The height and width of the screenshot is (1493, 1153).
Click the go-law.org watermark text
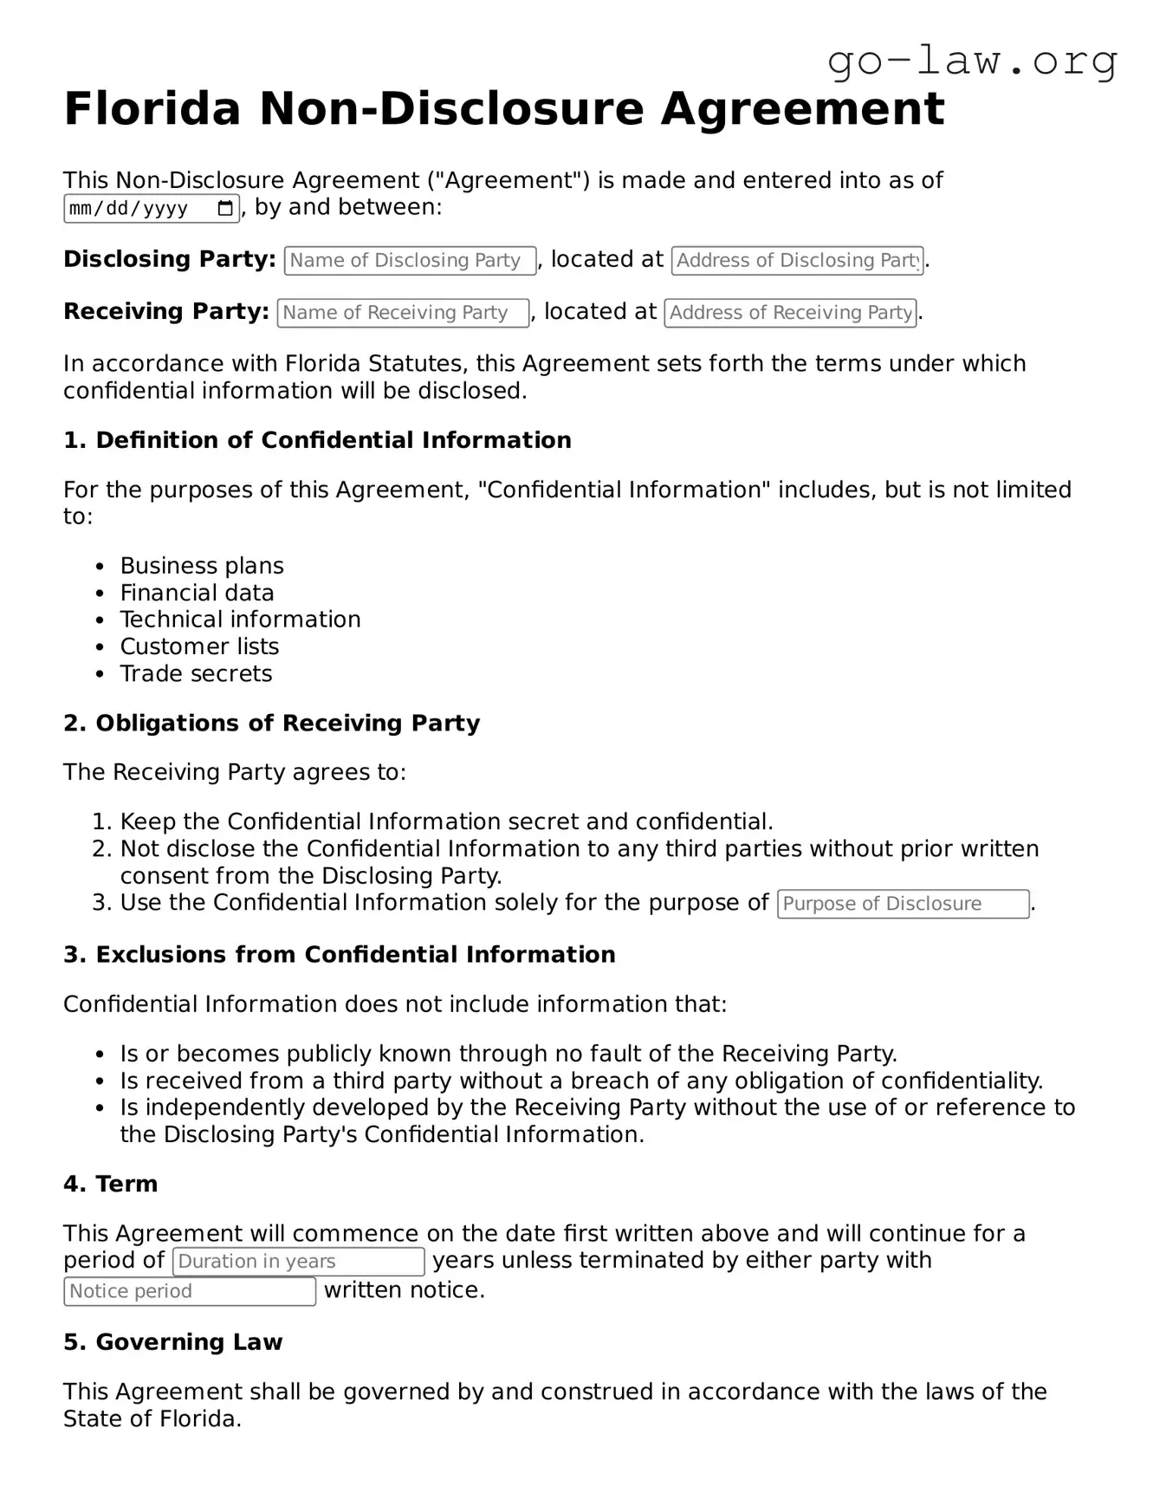click(972, 62)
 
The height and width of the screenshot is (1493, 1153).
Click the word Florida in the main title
click(152, 109)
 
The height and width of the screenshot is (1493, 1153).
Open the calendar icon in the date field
click(225, 208)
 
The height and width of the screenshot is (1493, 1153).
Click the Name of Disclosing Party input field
click(410, 261)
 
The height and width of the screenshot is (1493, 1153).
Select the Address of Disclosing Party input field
click(797, 261)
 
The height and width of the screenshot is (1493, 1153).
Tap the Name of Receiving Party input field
click(403, 313)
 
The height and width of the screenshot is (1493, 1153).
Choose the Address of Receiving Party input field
click(790, 313)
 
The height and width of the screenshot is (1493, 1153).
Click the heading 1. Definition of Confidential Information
click(317, 440)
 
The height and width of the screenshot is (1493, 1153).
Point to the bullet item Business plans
click(201, 566)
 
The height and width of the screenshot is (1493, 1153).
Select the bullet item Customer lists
click(199, 646)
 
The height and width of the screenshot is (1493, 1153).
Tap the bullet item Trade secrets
click(196, 673)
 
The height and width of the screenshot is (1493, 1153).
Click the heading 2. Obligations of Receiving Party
click(271, 724)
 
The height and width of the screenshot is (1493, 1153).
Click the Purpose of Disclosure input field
click(903, 904)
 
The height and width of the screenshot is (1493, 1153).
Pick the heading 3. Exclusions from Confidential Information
click(339, 955)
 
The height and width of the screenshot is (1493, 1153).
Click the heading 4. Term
click(110, 1185)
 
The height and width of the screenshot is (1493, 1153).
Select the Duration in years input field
click(298, 1262)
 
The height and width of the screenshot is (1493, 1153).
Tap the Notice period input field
click(189, 1291)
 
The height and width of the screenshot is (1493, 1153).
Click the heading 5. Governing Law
click(172, 1342)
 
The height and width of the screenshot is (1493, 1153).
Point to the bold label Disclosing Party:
click(169, 259)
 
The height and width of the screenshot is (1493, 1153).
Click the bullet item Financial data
click(197, 593)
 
